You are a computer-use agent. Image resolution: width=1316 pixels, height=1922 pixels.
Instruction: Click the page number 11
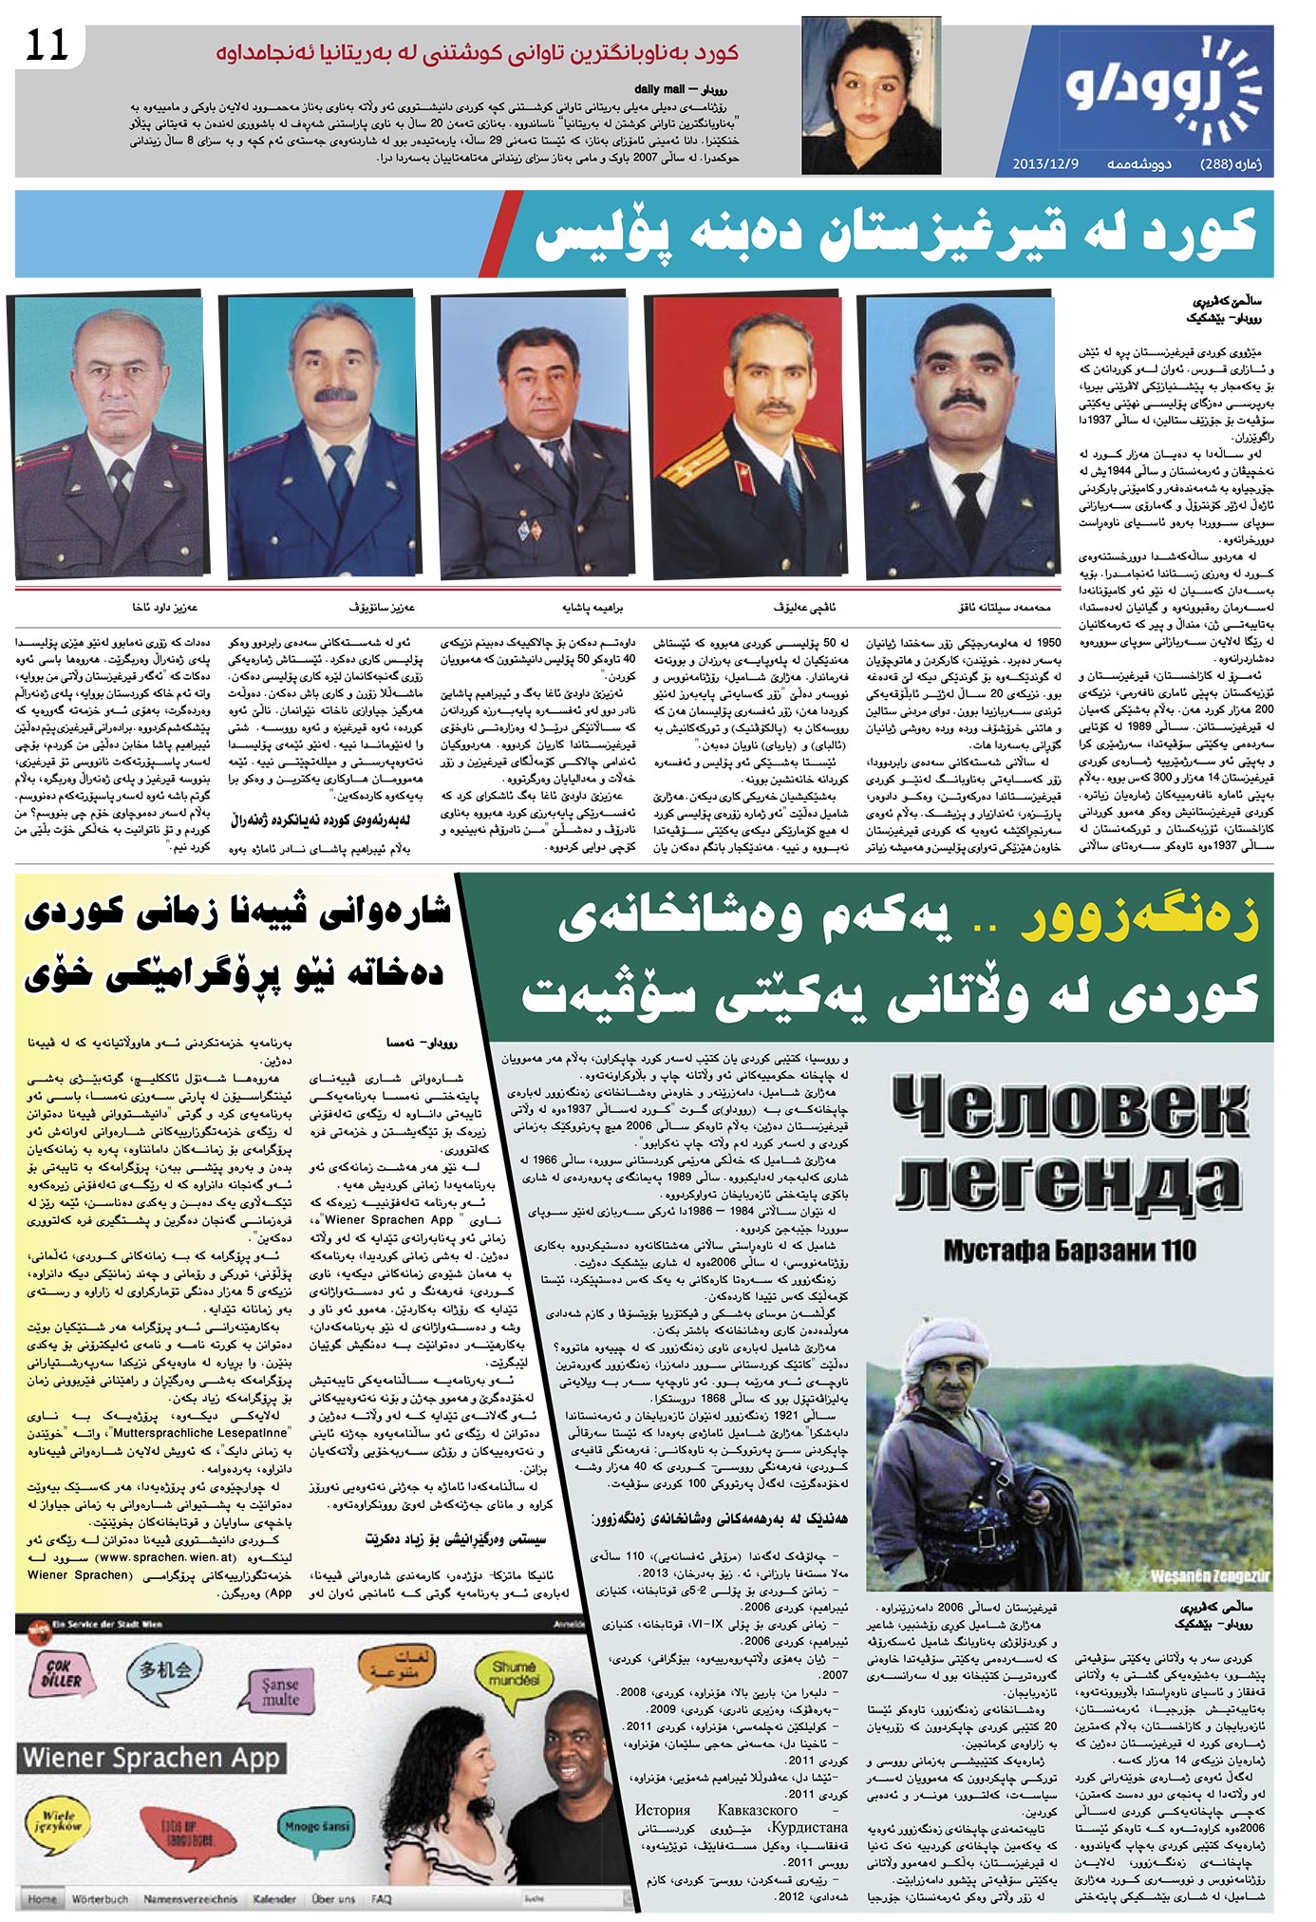(x=47, y=46)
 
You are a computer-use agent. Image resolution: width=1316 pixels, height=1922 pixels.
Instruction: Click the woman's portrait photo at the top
(x=868, y=97)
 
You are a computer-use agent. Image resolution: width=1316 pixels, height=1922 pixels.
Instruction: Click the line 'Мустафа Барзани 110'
(x=1069, y=1251)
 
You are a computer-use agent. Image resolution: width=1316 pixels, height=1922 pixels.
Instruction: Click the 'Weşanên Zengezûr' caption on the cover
(x=1206, y=1575)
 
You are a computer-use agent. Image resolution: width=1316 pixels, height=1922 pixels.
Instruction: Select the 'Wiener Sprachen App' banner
(x=152, y=1756)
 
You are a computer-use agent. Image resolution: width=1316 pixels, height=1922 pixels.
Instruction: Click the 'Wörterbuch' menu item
(x=100, y=1898)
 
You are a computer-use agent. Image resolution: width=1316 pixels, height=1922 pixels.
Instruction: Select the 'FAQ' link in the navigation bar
(x=382, y=1898)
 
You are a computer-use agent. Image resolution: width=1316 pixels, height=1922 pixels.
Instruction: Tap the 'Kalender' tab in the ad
(x=274, y=1898)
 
